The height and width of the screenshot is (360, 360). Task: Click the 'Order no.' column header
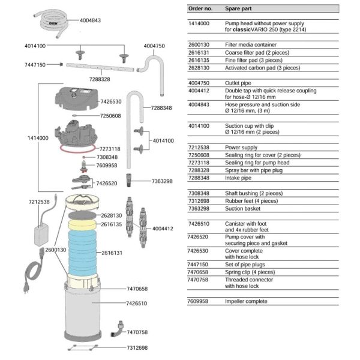pyautogui.click(x=200, y=10)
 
